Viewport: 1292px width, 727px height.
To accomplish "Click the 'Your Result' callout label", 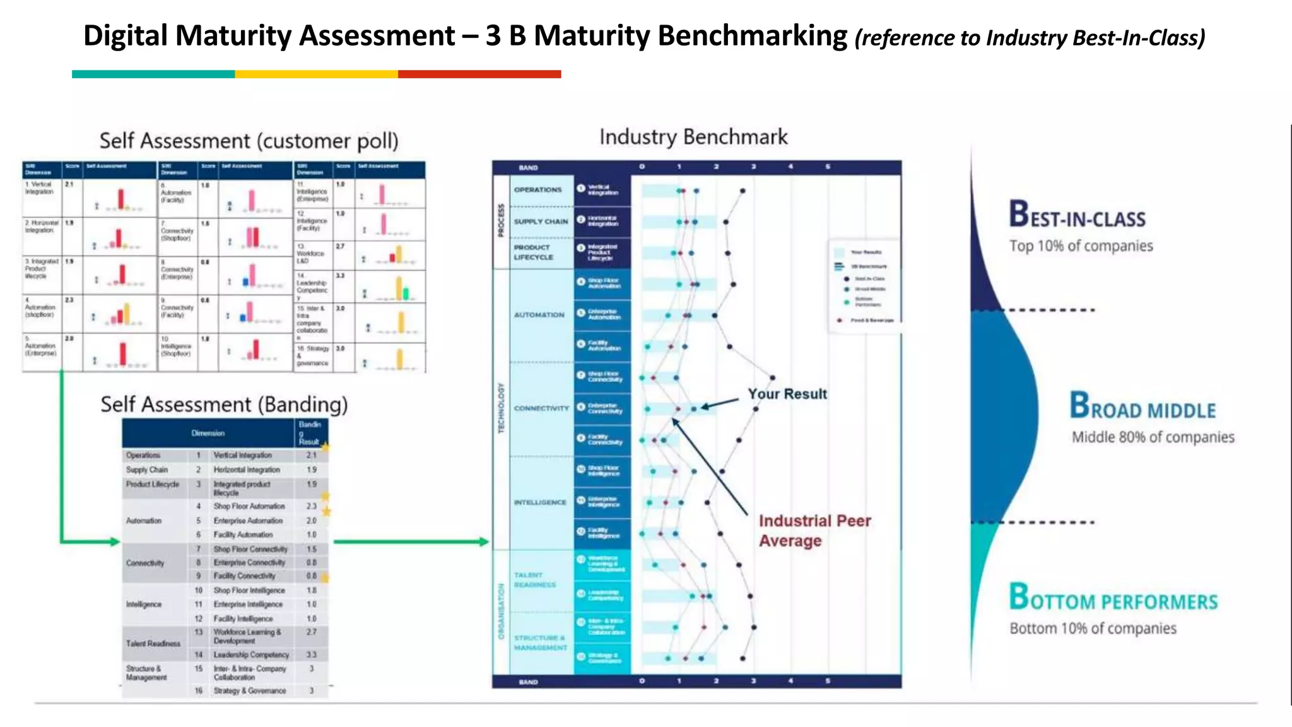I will pos(787,394).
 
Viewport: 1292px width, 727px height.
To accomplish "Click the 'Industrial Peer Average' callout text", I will pos(814,530).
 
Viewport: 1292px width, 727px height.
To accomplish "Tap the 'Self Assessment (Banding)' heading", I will pos(224,405).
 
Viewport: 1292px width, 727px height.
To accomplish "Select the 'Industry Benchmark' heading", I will pos(693,137).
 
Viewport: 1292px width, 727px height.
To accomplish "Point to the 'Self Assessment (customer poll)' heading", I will pos(249,141).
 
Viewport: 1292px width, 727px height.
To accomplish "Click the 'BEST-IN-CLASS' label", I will pos(1077,215).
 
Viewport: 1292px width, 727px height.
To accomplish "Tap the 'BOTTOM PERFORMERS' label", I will pos(1113,598).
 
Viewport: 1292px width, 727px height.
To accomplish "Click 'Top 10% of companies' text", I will pos(1081,246).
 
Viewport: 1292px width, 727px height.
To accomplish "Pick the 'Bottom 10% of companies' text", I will pos(1093,629).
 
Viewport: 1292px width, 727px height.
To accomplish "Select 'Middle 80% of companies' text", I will pos(1153,437).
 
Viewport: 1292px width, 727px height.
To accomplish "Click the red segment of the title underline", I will pos(479,74).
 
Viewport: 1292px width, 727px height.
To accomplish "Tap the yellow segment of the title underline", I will pos(316,74).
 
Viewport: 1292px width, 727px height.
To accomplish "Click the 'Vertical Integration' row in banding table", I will pos(242,455).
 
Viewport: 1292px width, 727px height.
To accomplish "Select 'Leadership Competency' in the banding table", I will pos(251,655).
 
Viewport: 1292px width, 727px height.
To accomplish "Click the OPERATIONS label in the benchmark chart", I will pos(537,190).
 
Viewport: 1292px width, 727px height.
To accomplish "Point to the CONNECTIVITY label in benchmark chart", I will pos(541,408).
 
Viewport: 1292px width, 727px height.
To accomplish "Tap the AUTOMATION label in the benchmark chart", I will pos(539,315).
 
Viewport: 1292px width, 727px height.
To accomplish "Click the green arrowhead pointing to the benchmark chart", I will pos(483,541).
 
